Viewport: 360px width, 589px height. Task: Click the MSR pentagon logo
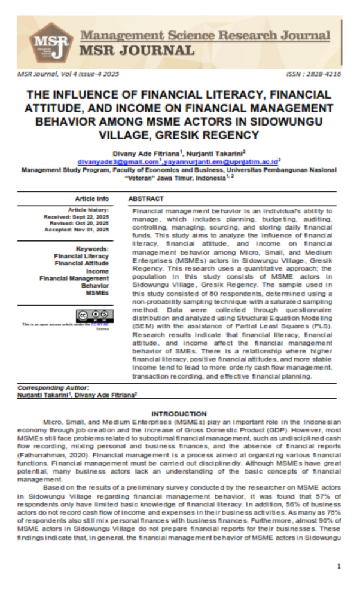[50, 42]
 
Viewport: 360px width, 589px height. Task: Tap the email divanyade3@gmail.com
[118, 161]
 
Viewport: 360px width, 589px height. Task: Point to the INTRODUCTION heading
[179, 414]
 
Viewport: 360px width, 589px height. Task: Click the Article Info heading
[91, 199]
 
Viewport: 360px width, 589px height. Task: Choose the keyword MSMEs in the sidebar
[97, 293]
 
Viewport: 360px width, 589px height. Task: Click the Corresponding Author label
[53, 388]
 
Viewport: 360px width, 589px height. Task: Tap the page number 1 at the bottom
[339, 566]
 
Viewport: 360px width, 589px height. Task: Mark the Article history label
[89, 210]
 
